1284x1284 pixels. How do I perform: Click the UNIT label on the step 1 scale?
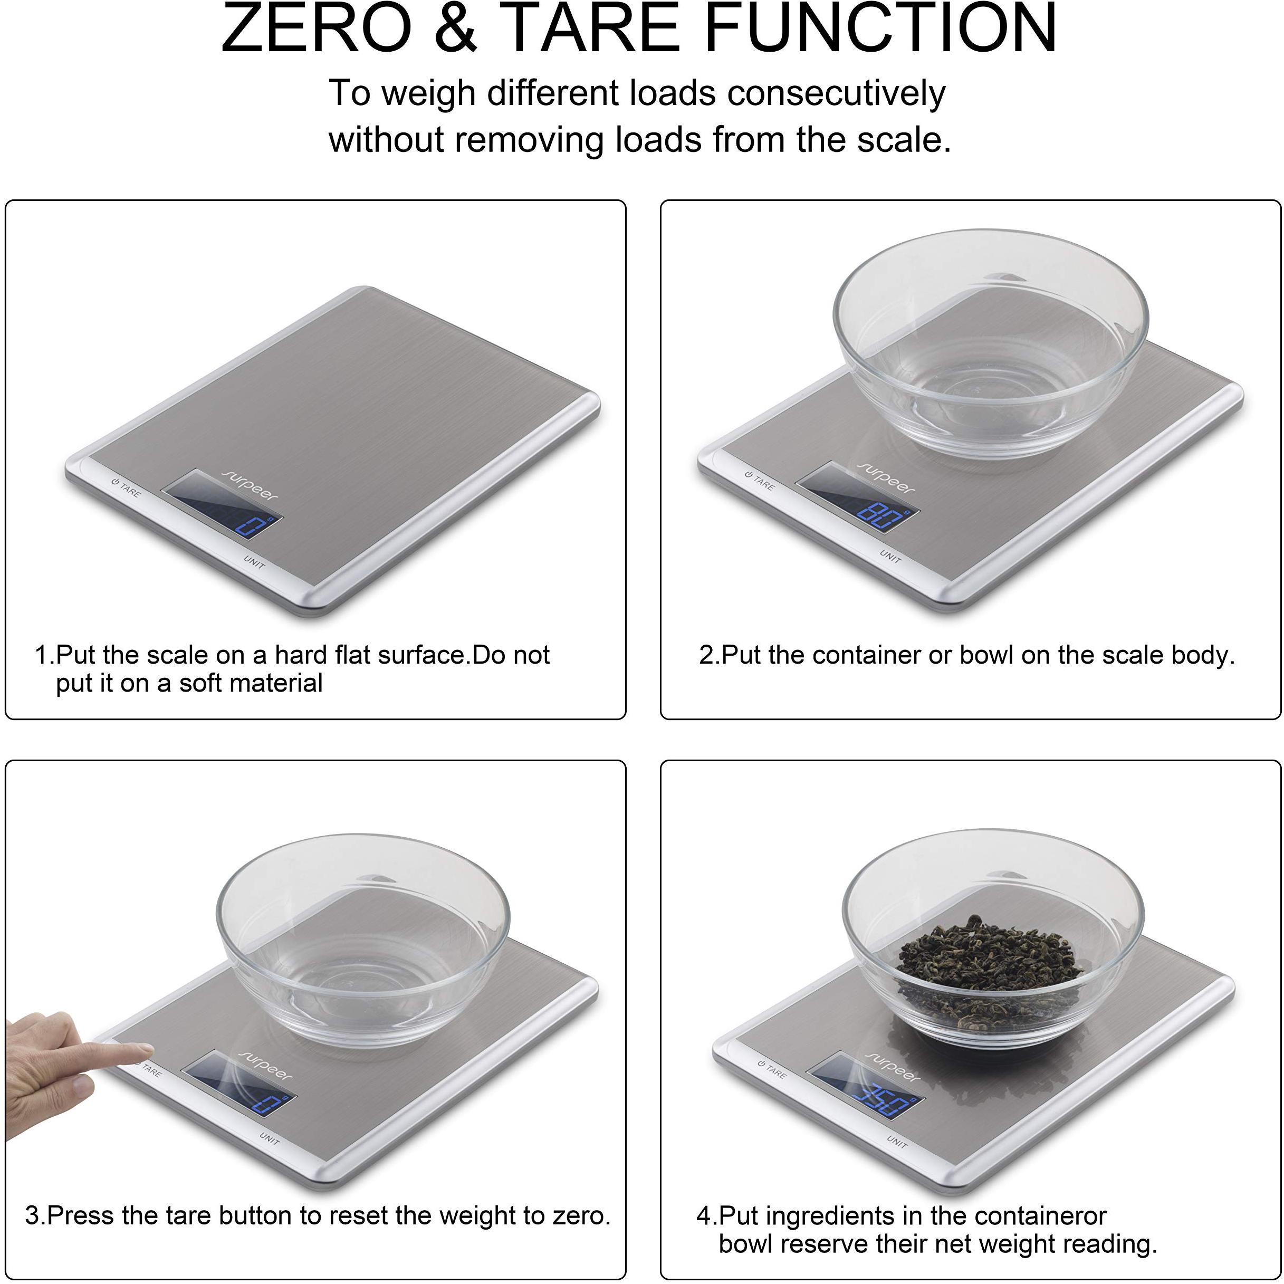254,562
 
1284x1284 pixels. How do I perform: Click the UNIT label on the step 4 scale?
897,1142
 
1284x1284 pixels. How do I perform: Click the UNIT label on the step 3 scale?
269,1138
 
